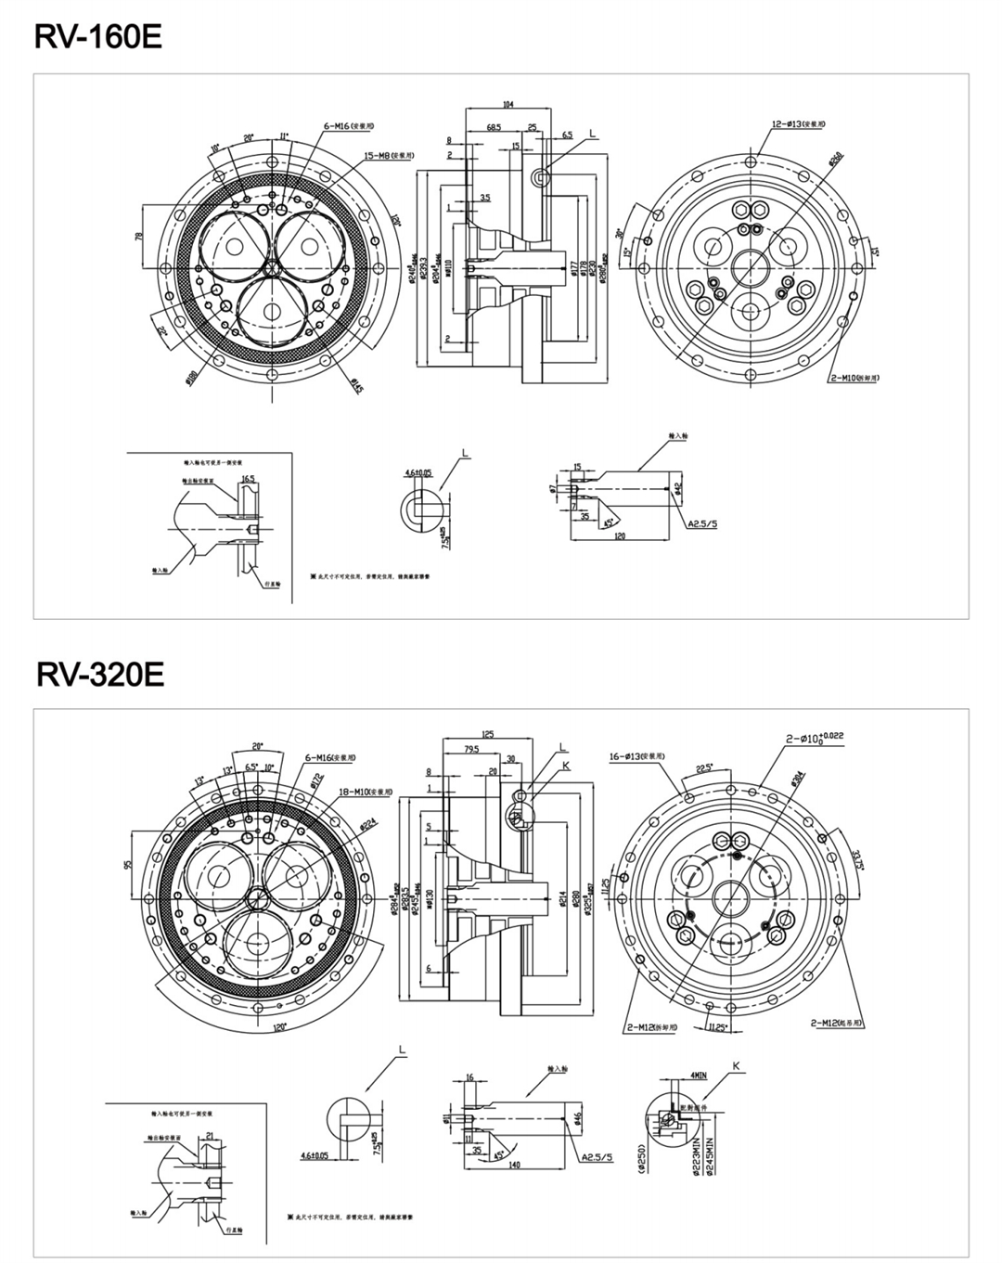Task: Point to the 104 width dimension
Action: tap(507, 105)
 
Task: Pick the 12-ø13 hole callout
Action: tap(798, 123)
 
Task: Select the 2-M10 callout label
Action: tap(854, 379)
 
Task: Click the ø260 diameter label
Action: tap(836, 160)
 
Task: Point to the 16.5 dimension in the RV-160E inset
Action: tap(248, 480)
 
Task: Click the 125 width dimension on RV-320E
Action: tap(488, 734)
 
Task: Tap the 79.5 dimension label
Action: tap(471, 750)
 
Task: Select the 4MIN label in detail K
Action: tap(698, 1076)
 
